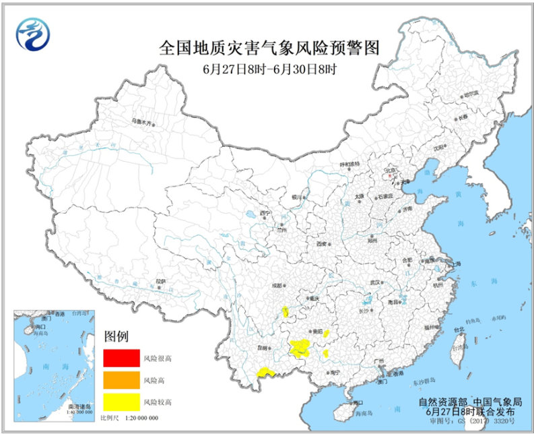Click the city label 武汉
375,282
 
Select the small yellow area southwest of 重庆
286,311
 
